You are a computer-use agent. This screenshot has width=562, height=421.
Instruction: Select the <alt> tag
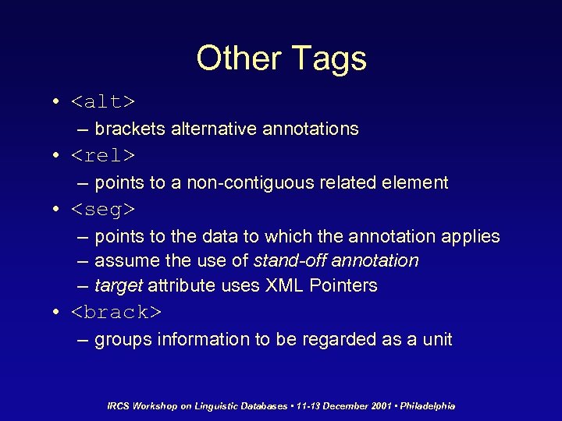103,102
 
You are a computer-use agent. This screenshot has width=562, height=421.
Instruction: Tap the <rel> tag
103,156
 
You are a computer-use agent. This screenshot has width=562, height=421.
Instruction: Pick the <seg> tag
103,210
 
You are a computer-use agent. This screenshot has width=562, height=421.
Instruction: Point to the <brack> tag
116,313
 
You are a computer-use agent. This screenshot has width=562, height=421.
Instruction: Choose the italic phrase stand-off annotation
336,260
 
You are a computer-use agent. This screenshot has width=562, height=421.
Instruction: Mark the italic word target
119,286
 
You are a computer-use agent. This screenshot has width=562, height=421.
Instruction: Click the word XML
285,286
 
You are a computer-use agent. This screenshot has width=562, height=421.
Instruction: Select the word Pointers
343,286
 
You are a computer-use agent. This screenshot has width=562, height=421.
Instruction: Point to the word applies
471,236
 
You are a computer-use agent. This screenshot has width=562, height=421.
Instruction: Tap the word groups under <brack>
122,340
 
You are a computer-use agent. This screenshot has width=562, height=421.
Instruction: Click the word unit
436,340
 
